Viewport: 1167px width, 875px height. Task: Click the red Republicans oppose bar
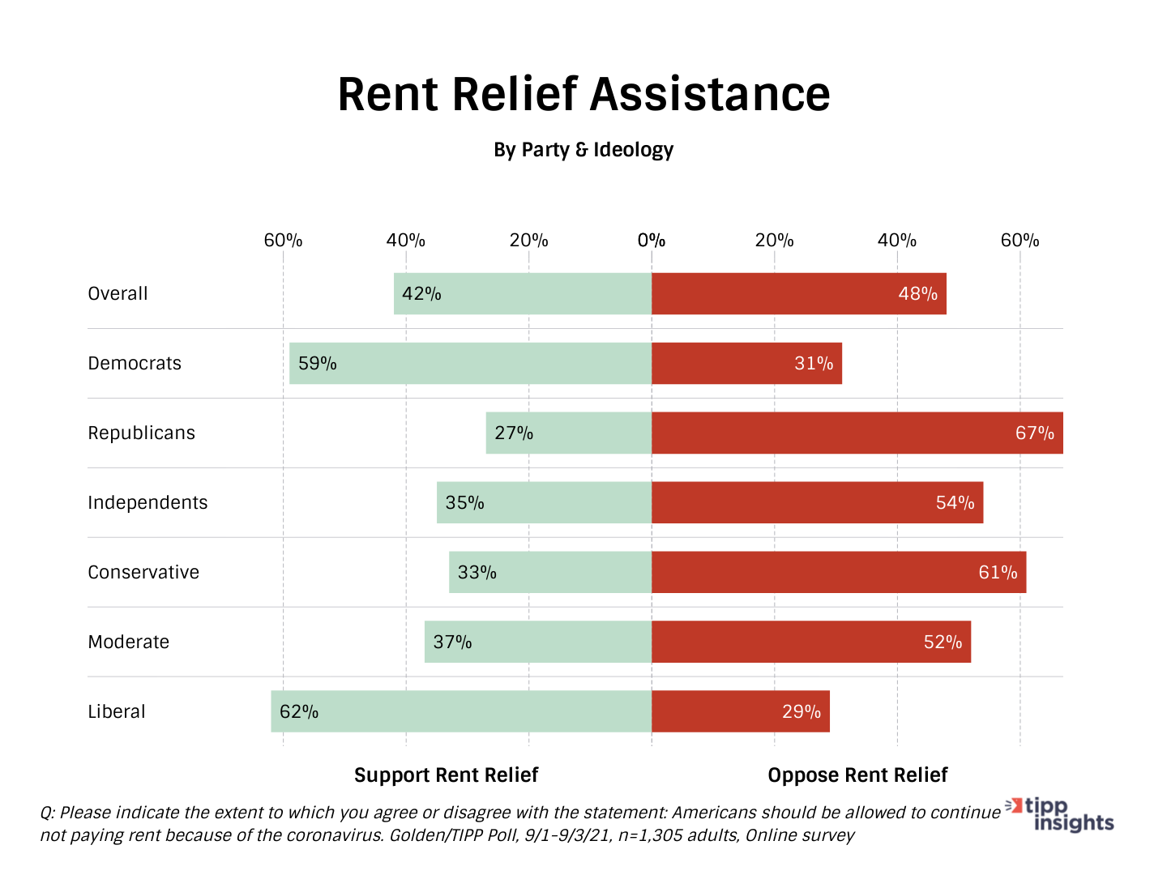[x=857, y=433]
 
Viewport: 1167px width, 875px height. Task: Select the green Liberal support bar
[x=461, y=711]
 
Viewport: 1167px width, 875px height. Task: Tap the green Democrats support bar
[x=470, y=363]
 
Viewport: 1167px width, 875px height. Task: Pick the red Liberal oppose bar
[x=741, y=711]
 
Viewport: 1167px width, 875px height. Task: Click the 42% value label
[x=421, y=293]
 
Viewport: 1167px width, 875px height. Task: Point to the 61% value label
[x=998, y=572]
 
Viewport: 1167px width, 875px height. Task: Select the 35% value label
[x=464, y=502]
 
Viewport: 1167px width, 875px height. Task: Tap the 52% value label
[x=943, y=642]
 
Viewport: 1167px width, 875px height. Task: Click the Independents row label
[x=147, y=502]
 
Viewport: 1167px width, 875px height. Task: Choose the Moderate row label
[x=128, y=642]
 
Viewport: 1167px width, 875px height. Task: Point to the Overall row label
[x=118, y=293]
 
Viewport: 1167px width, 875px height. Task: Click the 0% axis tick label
[x=651, y=241]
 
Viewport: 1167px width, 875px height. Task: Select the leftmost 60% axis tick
[x=283, y=241]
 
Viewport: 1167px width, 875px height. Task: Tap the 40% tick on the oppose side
[x=897, y=241]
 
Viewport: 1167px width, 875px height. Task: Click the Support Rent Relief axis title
[x=446, y=775]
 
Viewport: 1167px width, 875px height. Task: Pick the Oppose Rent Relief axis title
[x=857, y=775]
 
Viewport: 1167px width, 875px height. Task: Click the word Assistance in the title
[x=710, y=94]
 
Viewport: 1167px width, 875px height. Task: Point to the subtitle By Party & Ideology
[x=583, y=150]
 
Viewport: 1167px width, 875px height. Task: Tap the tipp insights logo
[x=1062, y=815]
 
